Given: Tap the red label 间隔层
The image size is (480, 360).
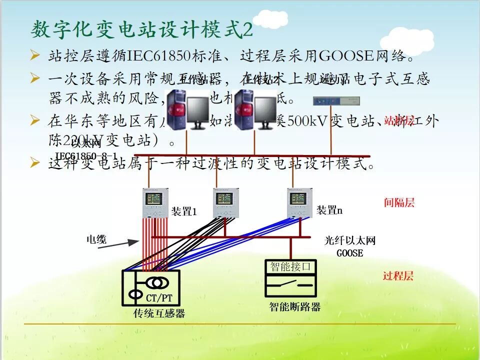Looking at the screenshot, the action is coord(399,202).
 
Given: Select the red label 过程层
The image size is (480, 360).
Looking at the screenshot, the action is coord(398,275).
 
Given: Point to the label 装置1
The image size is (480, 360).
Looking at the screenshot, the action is coord(184,211).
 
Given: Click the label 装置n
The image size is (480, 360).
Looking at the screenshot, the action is coord(329,210).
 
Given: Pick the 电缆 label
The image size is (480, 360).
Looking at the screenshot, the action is coord(96,239).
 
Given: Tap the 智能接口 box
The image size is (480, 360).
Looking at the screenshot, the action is coord(290,266).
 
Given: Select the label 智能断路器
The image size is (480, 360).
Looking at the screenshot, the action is coord(294,306).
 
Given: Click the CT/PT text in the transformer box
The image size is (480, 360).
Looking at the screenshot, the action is coord(159,298).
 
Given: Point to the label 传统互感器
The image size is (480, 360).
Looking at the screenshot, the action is coord(159,313).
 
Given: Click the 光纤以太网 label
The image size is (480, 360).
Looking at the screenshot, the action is coord(349,241).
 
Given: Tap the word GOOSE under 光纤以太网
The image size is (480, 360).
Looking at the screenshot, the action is coord(349,253).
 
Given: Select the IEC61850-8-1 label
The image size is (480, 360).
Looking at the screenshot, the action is coord(86,156).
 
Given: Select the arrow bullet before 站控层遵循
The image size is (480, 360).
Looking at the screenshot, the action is coord(34,55).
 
